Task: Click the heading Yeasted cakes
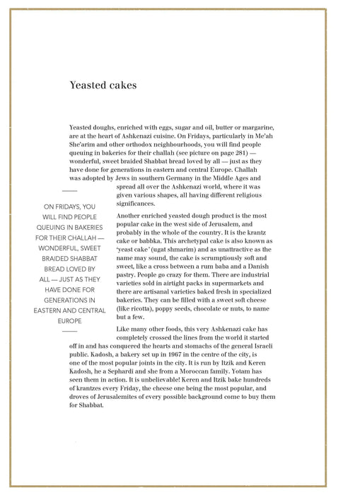[x=103, y=86]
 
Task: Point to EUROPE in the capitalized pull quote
[x=69, y=320]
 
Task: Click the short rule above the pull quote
[x=69, y=191]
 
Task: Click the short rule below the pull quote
[x=69, y=331]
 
